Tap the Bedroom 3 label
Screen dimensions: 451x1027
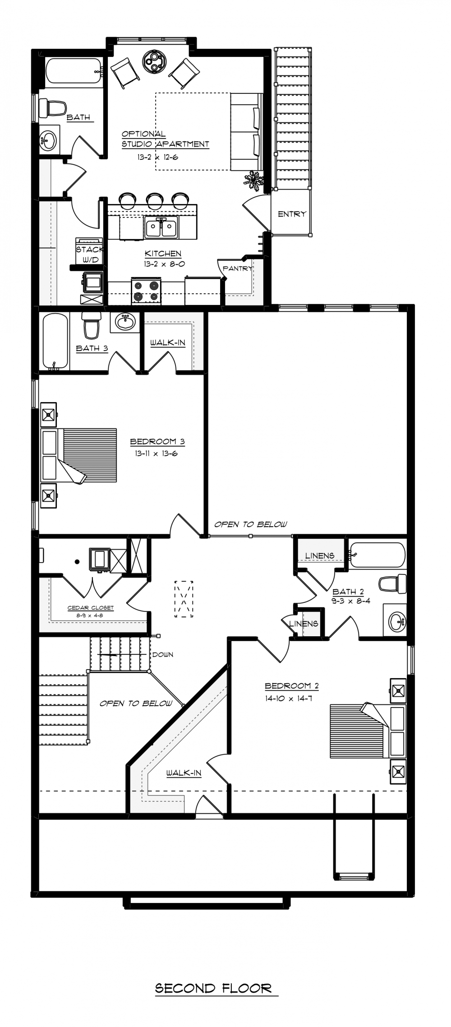157,441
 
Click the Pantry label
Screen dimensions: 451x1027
237,268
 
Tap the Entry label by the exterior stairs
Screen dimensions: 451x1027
292,214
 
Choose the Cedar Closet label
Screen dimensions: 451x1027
91,608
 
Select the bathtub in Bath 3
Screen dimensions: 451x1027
55,341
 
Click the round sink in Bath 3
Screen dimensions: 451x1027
125,322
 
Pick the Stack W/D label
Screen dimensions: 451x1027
89,254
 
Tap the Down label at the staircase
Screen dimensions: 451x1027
163,654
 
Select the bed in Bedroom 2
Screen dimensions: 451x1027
368,731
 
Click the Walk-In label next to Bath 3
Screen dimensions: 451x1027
168,343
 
